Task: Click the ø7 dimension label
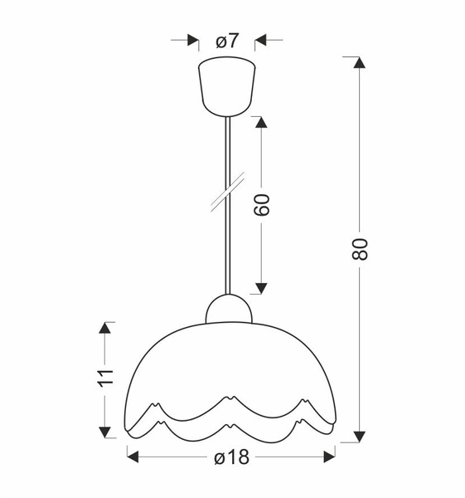click(x=227, y=39)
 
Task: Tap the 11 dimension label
click(x=104, y=378)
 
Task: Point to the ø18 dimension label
click(x=231, y=456)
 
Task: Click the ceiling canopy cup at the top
click(x=227, y=85)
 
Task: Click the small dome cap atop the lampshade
click(x=227, y=309)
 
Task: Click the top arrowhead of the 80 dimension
click(x=358, y=64)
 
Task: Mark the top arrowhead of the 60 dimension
click(x=261, y=122)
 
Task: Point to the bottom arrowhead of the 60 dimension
click(x=261, y=287)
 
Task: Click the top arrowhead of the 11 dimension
click(x=105, y=328)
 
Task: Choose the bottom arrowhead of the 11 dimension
click(x=105, y=431)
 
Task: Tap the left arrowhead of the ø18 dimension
click(x=133, y=455)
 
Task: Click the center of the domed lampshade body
click(x=230, y=365)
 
